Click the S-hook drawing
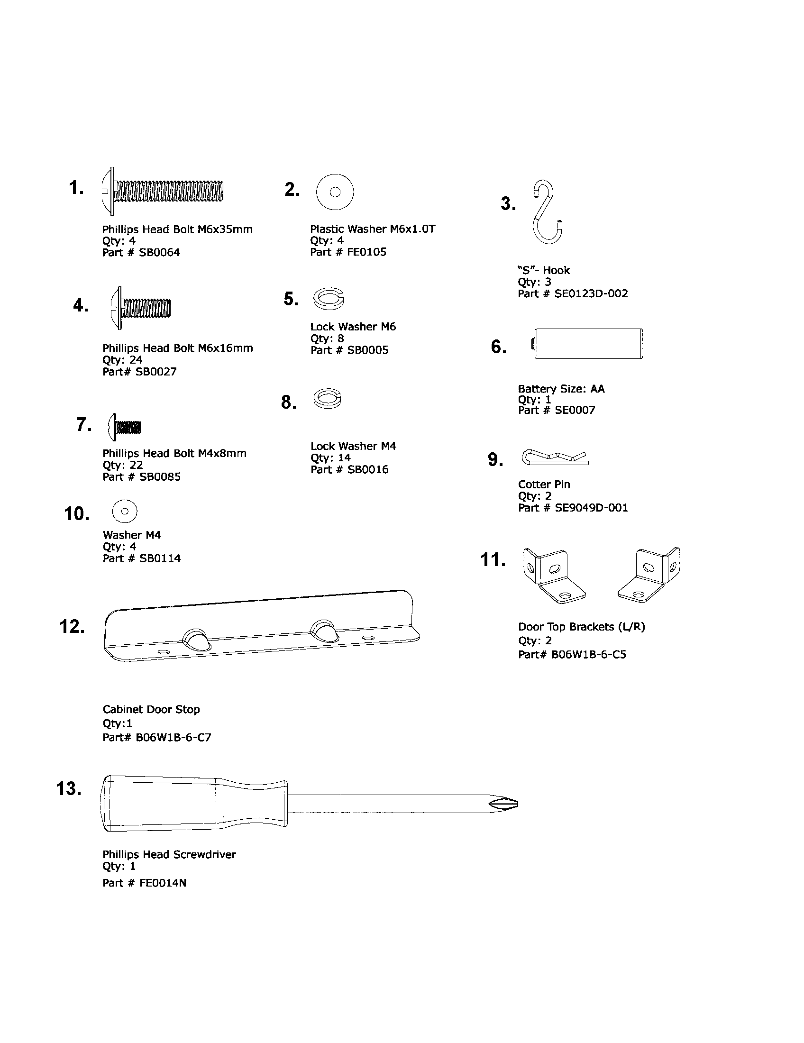coord(548,212)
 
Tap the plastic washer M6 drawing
coord(335,192)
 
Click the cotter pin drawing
coord(555,457)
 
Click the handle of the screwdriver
coord(191,803)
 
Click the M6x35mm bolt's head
coord(108,191)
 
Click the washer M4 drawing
coord(125,511)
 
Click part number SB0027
coord(156,372)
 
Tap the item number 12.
coord(72,627)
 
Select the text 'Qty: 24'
coord(122,360)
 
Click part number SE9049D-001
coord(591,508)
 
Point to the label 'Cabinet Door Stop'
coord(151,709)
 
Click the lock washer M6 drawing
coord(329,299)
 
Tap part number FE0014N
coord(163,883)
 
